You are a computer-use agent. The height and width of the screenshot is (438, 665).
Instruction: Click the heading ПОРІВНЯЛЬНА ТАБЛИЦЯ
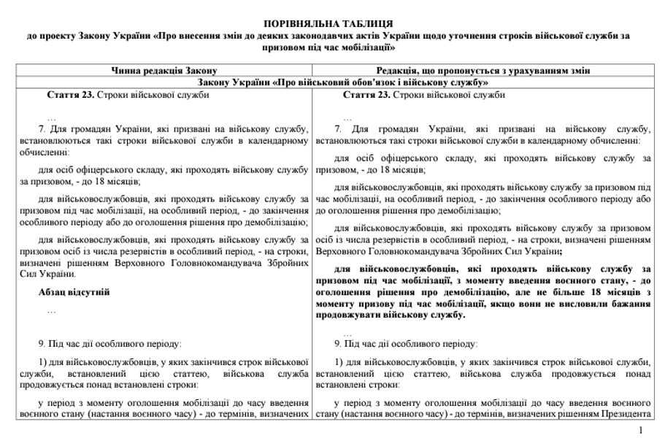[x=332, y=24]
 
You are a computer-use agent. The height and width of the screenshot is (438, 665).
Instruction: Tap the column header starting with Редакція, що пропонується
[x=483, y=70]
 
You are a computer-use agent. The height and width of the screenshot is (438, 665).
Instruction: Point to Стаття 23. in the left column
[x=69, y=95]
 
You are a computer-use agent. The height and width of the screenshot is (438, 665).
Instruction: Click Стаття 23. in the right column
[x=365, y=95]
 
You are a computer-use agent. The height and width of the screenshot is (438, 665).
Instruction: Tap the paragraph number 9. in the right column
[x=338, y=343]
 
